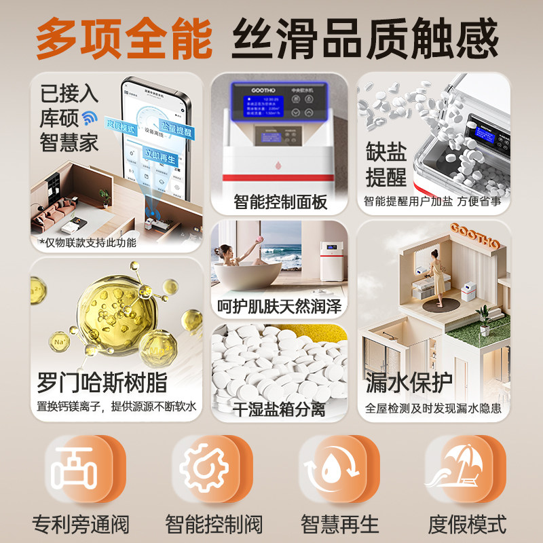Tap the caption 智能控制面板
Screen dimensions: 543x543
pyautogui.click(x=280, y=202)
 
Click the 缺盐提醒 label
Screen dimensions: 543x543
pyautogui.click(x=386, y=164)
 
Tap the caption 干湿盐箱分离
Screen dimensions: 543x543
pyautogui.click(x=280, y=409)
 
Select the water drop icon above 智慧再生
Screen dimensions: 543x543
pyautogui.click(x=330, y=468)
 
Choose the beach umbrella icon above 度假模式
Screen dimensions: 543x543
pyautogui.click(x=456, y=468)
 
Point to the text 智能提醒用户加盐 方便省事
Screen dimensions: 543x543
pyautogui.click(x=432, y=201)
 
